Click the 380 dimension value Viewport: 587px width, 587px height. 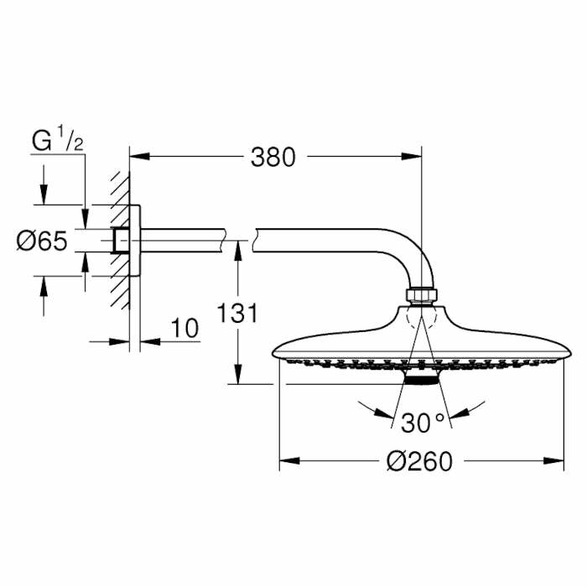pos(273,157)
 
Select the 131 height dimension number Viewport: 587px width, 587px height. pos(237,313)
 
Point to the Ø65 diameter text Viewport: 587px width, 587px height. pos(42,242)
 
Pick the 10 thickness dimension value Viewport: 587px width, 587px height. pos(186,329)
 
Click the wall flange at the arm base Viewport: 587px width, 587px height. pos(134,242)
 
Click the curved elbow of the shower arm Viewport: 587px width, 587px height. pos(403,252)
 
